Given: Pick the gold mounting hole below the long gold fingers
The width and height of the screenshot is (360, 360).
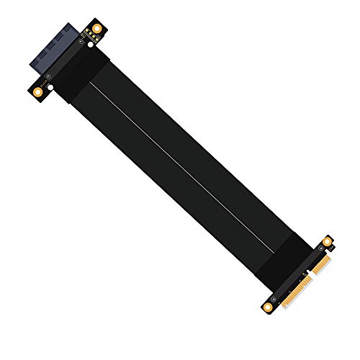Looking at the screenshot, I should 268,307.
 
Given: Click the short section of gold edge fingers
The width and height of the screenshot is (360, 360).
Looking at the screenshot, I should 322,264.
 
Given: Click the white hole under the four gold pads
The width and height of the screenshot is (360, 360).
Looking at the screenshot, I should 91,45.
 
